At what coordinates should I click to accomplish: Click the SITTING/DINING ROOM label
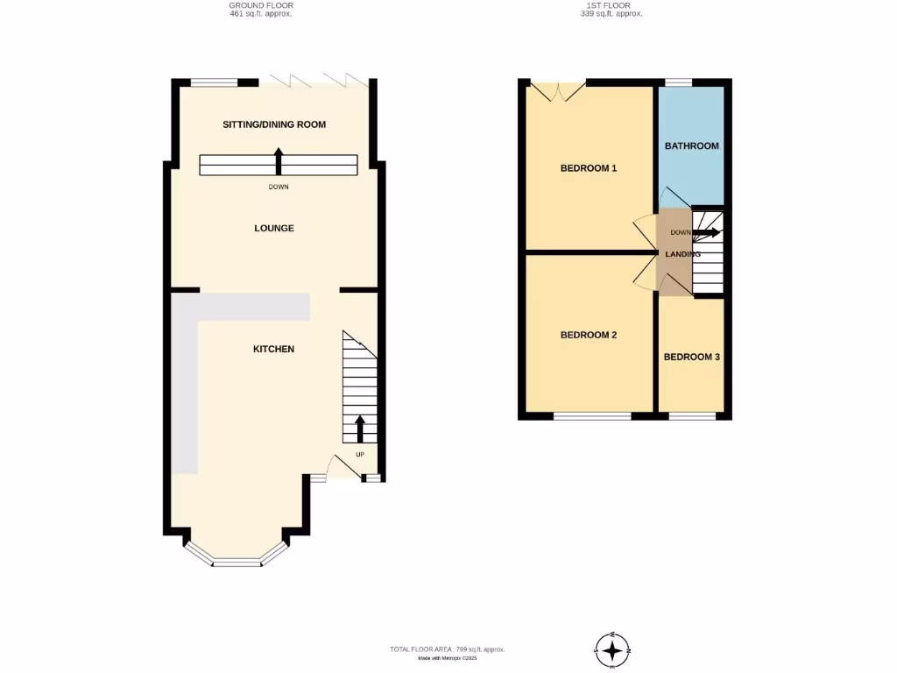coord(274,124)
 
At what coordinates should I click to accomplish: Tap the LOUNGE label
coord(274,228)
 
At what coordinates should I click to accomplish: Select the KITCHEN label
coord(273,349)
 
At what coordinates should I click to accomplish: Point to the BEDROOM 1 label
coord(589,167)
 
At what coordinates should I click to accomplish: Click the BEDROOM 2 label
coord(589,335)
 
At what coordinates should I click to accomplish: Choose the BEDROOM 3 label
coord(691,357)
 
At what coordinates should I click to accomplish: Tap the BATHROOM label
coord(691,145)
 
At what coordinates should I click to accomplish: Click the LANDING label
coord(682,254)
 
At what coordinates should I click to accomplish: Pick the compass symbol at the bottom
coord(612,650)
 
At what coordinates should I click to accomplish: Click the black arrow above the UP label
coord(359,429)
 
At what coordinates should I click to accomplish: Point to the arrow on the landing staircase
coord(707,232)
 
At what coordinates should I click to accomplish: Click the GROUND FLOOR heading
coord(261,5)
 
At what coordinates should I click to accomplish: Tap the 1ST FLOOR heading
coord(611,5)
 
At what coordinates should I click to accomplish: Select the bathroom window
coord(678,82)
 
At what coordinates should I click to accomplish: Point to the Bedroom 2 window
coord(592,415)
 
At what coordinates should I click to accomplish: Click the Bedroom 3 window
coord(692,415)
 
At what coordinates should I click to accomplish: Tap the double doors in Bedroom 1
coord(557,90)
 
